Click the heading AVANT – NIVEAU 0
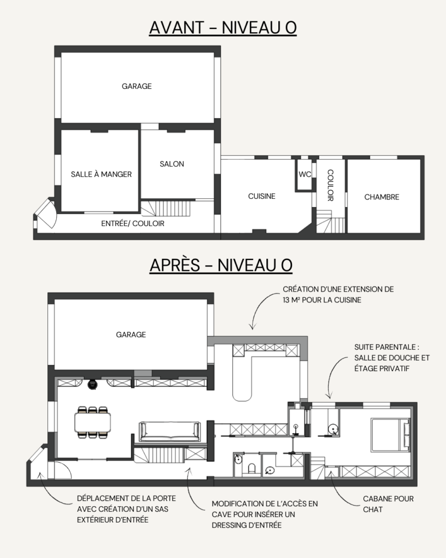point(223,28)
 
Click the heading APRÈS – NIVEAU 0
point(221,265)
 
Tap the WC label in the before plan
point(305,174)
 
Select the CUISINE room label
point(262,196)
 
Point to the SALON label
point(172,164)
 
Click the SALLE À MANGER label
point(101,174)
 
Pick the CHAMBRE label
point(382,197)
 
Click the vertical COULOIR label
point(331,185)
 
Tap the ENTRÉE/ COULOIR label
point(133,223)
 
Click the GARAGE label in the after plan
point(131,335)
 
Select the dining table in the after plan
point(93,422)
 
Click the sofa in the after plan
point(170,432)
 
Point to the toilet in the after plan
point(252,469)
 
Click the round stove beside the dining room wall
point(93,384)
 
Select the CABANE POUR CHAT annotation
point(388,504)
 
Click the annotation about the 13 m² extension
point(338,295)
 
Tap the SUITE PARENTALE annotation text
point(392,357)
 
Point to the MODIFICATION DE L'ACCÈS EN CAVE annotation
point(265,514)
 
